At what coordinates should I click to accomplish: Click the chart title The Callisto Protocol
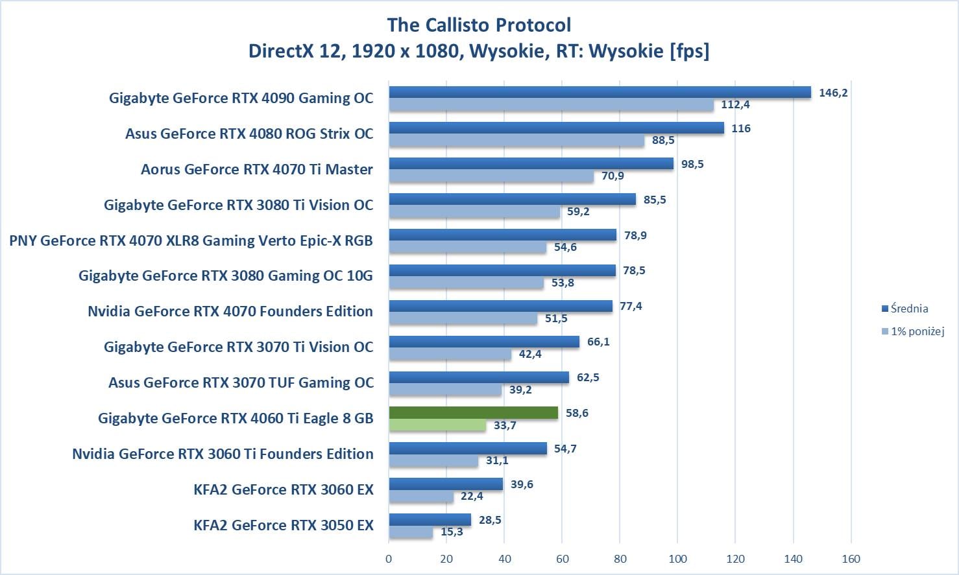[x=479, y=25]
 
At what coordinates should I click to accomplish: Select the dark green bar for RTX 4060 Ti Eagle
[x=473, y=413]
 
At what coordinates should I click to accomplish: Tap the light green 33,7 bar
[x=437, y=425]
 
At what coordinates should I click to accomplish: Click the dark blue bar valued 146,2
[x=600, y=93]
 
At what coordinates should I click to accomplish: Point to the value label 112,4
[x=735, y=105]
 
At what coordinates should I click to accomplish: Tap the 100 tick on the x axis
[x=677, y=559]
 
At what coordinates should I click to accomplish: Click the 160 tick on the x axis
[x=851, y=559]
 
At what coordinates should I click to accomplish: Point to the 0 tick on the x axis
[x=389, y=559]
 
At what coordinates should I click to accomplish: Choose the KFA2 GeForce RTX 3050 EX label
[x=284, y=525]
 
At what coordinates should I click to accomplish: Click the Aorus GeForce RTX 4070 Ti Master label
[x=257, y=169]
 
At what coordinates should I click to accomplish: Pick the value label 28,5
[x=489, y=520]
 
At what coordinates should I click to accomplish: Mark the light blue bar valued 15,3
[x=411, y=532]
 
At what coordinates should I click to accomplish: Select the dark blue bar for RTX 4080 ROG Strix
[x=556, y=128]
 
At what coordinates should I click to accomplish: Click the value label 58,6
[x=577, y=413]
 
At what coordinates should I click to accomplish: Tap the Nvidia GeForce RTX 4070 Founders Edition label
[x=230, y=311]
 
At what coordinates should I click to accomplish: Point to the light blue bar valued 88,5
[x=516, y=141]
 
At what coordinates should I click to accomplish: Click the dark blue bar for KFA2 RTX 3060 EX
[x=446, y=484]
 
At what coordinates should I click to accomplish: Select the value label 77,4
[x=631, y=306]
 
